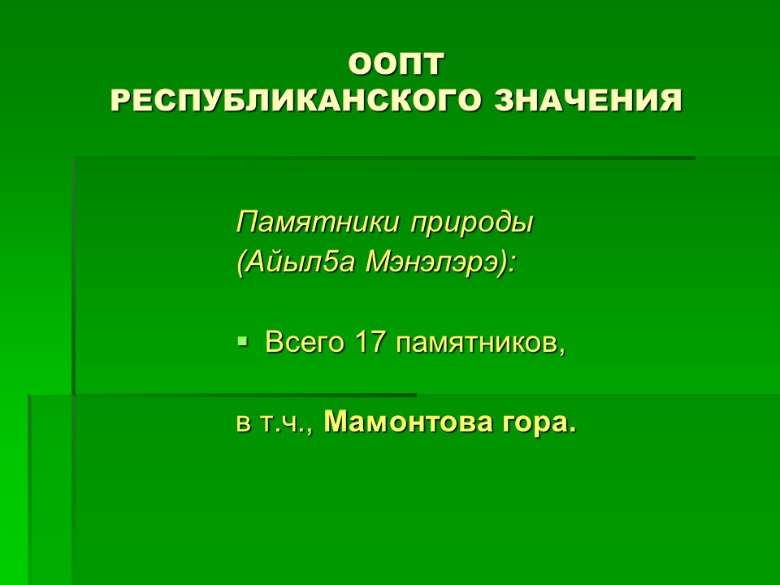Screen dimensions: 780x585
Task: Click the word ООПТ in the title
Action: pos(396,64)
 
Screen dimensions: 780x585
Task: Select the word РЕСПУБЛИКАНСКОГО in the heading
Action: pos(296,101)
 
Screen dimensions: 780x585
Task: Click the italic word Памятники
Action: pos(318,222)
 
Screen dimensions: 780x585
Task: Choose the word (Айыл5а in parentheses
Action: pos(296,262)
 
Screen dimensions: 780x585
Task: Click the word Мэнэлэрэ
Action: pos(431,262)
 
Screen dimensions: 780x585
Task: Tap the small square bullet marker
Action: pos(242,341)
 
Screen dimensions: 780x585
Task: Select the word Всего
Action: pos(304,343)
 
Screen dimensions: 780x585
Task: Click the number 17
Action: pos(370,341)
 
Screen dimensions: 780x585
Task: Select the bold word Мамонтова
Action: pos(408,422)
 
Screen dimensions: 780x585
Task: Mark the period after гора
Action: pos(572,431)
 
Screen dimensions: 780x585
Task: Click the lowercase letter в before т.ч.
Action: pos(243,424)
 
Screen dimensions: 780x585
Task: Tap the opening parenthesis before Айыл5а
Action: pos(241,263)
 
